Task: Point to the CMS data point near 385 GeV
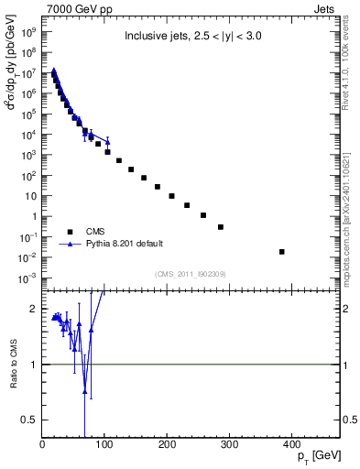pyautogui.click(x=282, y=251)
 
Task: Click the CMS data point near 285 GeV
pyautogui.click(x=220, y=226)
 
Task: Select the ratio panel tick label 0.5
pyautogui.click(x=31, y=420)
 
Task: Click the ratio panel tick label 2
pyautogui.click(x=34, y=310)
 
